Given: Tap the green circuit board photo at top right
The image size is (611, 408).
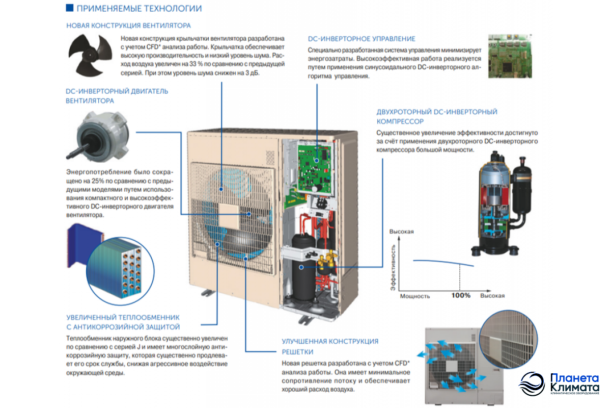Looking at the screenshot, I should tap(509, 56).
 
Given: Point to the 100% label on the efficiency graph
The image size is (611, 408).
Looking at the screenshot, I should tap(461, 295).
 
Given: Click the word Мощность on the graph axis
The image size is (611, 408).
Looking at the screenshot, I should tap(414, 296).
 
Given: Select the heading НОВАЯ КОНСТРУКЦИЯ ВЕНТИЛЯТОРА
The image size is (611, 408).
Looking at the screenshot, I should tap(128, 25).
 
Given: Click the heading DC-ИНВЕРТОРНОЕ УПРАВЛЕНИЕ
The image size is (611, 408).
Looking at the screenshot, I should tap(362, 39).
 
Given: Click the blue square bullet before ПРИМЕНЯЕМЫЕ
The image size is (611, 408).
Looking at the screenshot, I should tap(69, 9).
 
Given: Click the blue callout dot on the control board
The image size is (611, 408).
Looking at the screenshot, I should tap(317, 160).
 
